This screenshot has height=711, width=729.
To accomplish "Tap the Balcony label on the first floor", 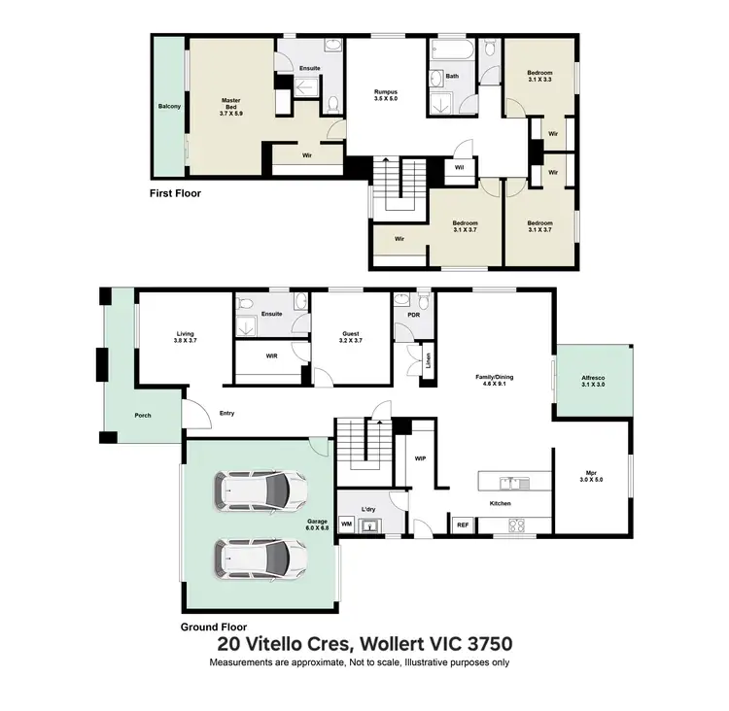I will point(170,106).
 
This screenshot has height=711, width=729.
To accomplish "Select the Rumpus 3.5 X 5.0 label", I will point(387,95).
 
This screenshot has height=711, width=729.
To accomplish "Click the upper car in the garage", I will point(260,492).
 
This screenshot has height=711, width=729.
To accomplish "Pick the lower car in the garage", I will point(260,558).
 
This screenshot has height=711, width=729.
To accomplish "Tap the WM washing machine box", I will point(346,524).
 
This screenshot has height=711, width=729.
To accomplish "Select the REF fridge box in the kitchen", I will point(464,525).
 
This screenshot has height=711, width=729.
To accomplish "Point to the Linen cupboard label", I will point(427,360).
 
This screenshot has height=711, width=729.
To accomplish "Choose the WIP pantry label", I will point(421,458).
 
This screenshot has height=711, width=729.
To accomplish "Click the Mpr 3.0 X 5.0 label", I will point(591,476).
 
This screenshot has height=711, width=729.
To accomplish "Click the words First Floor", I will point(175,193).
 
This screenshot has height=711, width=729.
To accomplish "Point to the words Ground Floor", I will point(214,626).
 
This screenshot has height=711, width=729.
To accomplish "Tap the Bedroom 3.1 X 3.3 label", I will point(539,76).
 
